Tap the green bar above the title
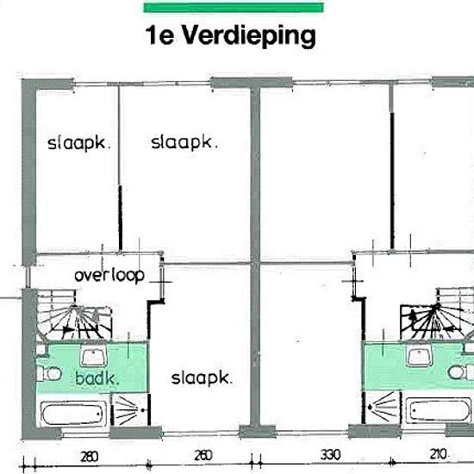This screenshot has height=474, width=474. [233, 8]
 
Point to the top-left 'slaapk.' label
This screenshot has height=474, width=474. [79, 143]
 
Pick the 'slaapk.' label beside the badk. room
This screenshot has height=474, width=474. [203, 377]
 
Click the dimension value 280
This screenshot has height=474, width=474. [87, 457]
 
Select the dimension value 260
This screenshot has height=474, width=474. [203, 457]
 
